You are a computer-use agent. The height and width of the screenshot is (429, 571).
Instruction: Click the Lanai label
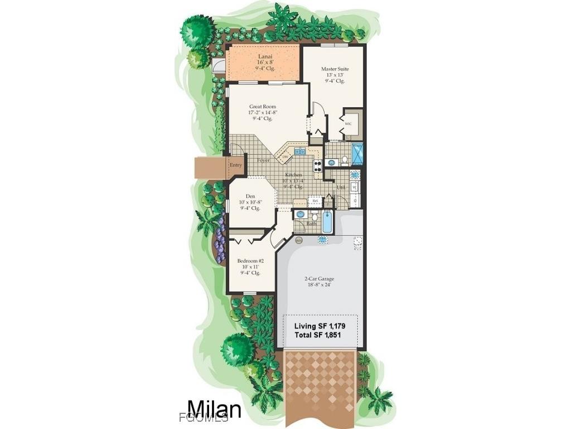[265, 56]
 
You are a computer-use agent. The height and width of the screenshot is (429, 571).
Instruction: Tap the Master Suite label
[335, 69]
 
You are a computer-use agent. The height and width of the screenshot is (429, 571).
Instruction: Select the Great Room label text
[262, 107]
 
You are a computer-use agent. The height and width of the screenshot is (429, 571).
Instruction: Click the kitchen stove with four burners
[317, 165]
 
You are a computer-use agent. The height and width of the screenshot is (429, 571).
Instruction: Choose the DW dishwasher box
[285, 157]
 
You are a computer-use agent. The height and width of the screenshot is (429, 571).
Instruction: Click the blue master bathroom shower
[357, 153]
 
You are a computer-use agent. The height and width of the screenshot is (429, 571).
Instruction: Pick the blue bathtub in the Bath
[327, 221]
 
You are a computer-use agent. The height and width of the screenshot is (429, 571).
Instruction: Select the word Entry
[236, 165]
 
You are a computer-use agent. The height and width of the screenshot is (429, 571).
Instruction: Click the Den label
[250, 196]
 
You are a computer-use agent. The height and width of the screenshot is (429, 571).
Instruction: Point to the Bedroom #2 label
[250, 261]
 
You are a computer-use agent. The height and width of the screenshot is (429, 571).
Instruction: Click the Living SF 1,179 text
[317, 325]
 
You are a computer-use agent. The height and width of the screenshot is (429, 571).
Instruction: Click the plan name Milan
[214, 408]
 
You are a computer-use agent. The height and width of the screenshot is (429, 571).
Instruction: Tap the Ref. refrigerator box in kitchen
[315, 201]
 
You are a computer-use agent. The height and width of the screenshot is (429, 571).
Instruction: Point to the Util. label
[341, 187]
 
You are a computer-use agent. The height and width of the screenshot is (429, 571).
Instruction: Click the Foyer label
[263, 160]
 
